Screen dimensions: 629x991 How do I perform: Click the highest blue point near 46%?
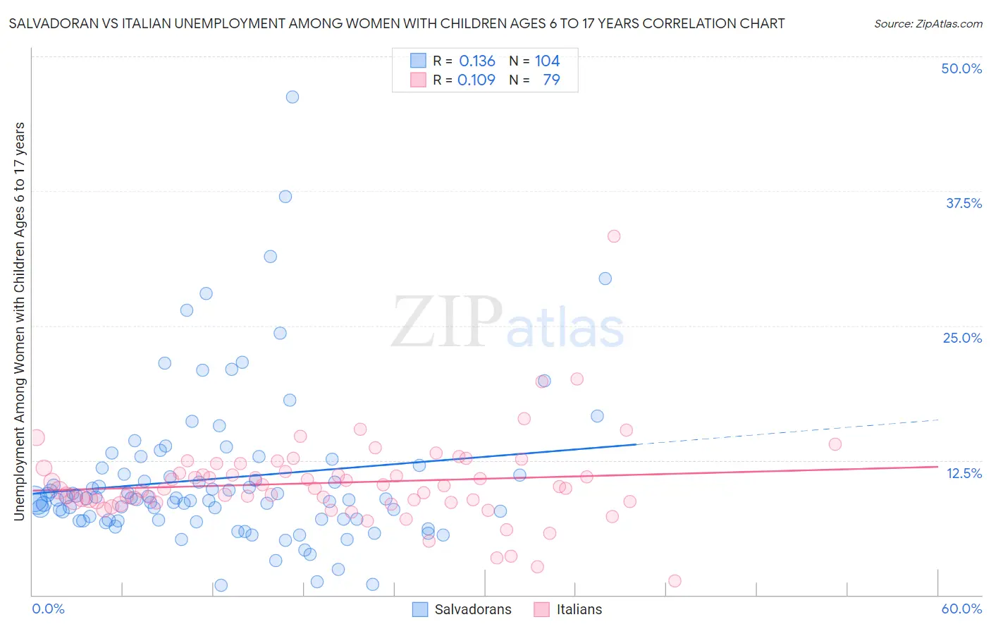(293, 97)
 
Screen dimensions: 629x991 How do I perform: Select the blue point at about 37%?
(285, 197)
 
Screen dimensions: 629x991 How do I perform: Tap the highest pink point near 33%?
(614, 236)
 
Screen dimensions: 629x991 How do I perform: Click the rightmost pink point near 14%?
(835, 444)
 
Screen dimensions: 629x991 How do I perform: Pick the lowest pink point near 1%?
(675, 581)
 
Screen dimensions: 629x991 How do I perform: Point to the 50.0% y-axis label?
(961, 68)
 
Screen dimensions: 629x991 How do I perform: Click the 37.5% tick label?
(964, 203)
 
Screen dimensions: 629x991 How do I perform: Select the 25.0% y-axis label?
(962, 338)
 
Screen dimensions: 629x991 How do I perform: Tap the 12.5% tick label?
(964, 473)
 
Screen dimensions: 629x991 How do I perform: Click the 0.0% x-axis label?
(48, 609)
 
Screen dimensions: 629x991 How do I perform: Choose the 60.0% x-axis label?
(961, 609)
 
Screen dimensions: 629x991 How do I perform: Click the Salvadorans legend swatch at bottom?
(420, 609)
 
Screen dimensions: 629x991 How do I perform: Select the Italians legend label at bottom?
(579, 609)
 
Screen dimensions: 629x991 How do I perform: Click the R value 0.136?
(477, 61)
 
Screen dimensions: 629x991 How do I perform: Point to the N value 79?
(551, 80)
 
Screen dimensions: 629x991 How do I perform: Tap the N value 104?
(547, 61)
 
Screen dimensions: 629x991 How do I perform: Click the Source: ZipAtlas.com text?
(928, 23)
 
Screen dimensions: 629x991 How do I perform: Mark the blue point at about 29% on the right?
(605, 279)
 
